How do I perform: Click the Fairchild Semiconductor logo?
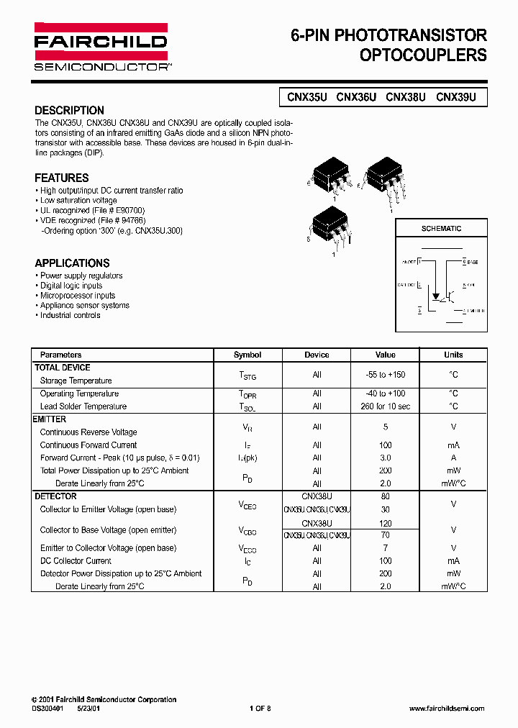pos(101,46)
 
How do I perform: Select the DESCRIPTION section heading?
pos(69,111)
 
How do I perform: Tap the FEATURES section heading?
pos(62,178)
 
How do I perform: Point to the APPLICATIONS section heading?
pos(72,263)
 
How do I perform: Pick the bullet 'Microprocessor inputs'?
pos(77,296)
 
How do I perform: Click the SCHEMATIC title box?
pos(441,229)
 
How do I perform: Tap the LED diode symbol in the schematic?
pos(435,295)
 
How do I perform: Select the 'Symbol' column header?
pos(247,355)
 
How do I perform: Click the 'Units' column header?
pos(453,355)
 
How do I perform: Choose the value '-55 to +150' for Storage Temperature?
pos(386,375)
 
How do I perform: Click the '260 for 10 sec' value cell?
pos(386,406)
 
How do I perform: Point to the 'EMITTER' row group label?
pos(50,419)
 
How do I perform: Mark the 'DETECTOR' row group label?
pos(55,496)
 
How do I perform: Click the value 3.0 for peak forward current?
pos(386,458)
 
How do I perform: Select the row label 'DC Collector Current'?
pos(76,561)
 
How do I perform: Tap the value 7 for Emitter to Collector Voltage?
pos(386,548)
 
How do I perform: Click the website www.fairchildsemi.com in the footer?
pos(447,709)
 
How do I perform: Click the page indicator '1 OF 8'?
pos(260,709)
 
